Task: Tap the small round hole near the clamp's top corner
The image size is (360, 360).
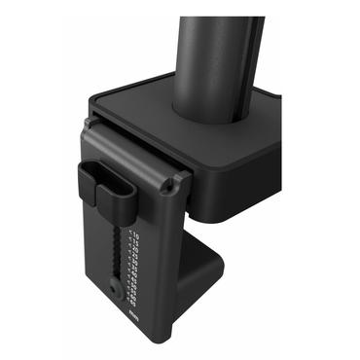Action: (x=172, y=183)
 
